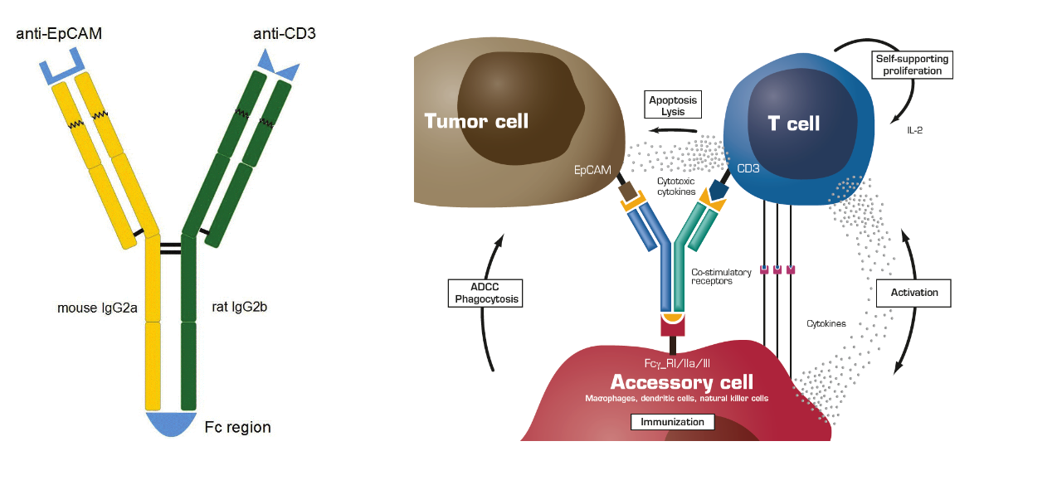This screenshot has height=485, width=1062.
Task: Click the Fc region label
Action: click(x=238, y=428)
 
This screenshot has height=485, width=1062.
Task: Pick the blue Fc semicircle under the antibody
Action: click(x=171, y=423)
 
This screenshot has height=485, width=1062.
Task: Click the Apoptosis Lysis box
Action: click(x=674, y=105)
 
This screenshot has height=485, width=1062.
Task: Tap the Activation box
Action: click(x=913, y=292)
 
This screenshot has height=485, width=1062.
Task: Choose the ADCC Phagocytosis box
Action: click(x=485, y=293)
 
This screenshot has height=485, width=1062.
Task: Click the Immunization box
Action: click(x=672, y=422)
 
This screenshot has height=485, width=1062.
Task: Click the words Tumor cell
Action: click(x=476, y=121)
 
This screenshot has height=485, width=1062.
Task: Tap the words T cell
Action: click(x=793, y=124)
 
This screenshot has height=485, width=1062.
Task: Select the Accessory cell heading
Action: click(x=682, y=382)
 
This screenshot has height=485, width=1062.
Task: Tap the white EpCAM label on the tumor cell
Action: click(x=592, y=170)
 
